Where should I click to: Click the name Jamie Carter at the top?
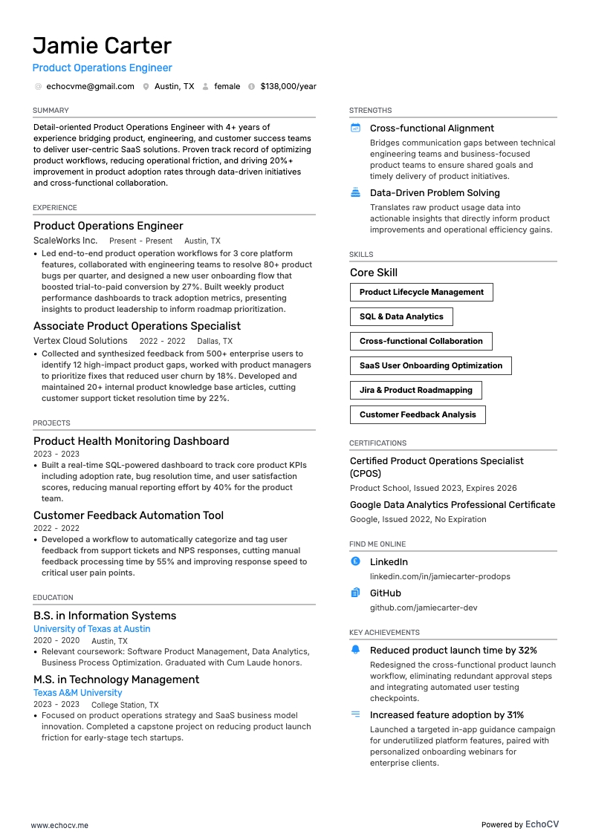coord(102,46)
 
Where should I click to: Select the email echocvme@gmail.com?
coord(90,86)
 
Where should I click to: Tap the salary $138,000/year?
coord(288,86)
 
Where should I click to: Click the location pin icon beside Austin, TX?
coord(146,86)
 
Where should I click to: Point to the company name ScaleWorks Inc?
coord(65,241)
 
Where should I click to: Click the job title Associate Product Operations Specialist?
coord(137,326)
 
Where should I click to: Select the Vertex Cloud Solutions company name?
coord(80,341)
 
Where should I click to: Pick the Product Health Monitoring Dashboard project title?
coord(131,441)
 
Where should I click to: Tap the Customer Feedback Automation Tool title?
coord(129,515)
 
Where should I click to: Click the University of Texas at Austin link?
coord(91,629)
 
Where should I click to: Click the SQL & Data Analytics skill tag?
coord(401,317)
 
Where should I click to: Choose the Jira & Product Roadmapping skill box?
coord(415,391)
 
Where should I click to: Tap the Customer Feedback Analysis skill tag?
coord(418,415)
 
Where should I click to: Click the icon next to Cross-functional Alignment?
coord(355,128)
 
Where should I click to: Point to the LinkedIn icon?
coord(355,562)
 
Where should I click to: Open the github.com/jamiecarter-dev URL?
coord(424,607)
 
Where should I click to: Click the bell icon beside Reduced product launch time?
coord(355,651)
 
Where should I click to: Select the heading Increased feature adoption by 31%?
coord(447,715)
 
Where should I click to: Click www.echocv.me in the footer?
coord(59,825)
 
